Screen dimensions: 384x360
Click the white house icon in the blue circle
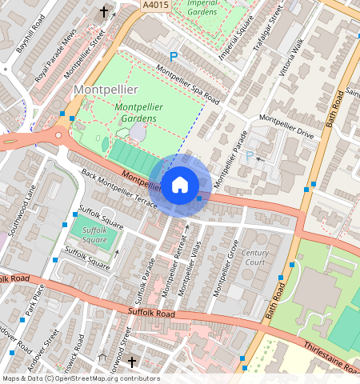[180, 185]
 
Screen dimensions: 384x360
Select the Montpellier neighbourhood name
[106, 89]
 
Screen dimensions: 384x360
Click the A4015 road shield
[156, 5]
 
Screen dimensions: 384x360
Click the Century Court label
[255, 258]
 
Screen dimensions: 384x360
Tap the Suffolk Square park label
[94, 234]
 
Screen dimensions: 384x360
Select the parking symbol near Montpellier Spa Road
[173, 57]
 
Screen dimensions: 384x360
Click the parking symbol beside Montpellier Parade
[250, 156]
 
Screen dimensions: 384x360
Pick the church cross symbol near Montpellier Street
[104, 12]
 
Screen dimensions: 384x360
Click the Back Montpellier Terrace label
[119, 192]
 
